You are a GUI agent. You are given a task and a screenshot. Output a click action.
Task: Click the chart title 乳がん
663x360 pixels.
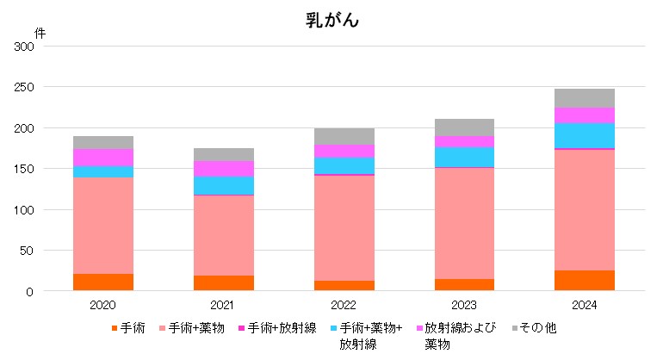(331, 21)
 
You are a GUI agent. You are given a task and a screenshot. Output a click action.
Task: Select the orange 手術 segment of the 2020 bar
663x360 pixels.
(103, 282)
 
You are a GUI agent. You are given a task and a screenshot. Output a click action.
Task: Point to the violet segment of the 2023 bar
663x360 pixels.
(464, 141)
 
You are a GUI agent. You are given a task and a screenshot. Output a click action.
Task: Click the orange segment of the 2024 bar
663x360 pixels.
(585, 281)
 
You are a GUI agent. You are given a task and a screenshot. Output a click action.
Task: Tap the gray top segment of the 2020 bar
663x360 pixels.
(103, 142)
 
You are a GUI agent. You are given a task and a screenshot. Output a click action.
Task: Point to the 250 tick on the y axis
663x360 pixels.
(24, 87)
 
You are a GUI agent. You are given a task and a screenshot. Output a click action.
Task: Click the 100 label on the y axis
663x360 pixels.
(24, 210)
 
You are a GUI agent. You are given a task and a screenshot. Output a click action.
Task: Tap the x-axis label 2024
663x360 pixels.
(585, 305)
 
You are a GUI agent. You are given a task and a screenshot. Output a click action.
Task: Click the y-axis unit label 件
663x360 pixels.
(40, 33)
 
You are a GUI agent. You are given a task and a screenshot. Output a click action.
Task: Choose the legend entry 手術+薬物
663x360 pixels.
(201, 328)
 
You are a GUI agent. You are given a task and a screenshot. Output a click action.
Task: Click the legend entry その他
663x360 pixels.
(544, 328)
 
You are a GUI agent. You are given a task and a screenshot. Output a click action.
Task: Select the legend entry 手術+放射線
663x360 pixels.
(282, 328)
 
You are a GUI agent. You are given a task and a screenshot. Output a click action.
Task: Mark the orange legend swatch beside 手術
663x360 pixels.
(114, 328)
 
